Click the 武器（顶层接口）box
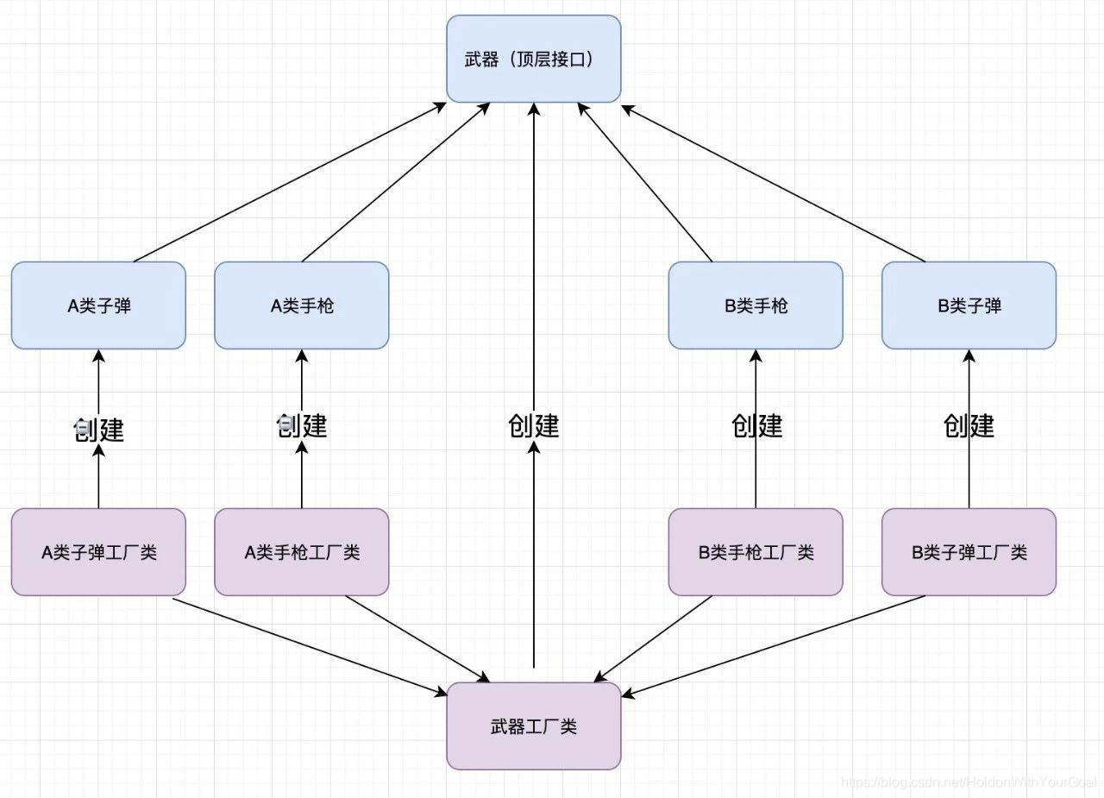click(x=533, y=59)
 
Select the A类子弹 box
click(x=98, y=305)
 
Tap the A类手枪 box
click(x=301, y=305)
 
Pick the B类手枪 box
click(x=756, y=305)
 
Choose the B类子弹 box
click(x=969, y=305)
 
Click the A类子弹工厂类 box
click(x=98, y=552)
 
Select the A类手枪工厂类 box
click(x=301, y=552)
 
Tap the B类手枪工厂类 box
click(x=756, y=552)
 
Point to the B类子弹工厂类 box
click(x=969, y=552)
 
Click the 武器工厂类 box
click(x=533, y=726)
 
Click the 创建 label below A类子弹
click(x=98, y=429)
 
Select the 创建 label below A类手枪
click(x=301, y=425)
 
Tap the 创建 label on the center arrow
click(x=533, y=425)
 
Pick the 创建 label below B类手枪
click(x=756, y=425)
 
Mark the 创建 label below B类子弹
click(x=969, y=425)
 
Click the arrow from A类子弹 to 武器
click(x=289, y=182)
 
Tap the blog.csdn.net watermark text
click(x=966, y=782)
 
